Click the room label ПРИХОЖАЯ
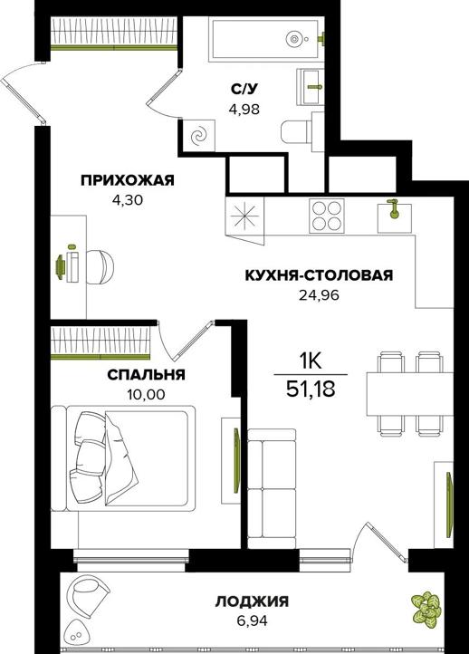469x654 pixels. [x=128, y=180]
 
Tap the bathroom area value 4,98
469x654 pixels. [x=244, y=110]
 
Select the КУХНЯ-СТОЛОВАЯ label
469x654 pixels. [x=319, y=275]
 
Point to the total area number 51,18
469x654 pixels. [x=311, y=390]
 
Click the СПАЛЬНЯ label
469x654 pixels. [x=146, y=374]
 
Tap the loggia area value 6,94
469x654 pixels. [x=252, y=620]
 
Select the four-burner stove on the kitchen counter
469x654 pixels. [x=327, y=216]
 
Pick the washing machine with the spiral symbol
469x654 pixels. [x=197, y=136]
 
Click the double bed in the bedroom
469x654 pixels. [x=123, y=457]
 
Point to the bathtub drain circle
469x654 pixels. [x=294, y=39]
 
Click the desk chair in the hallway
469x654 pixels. [x=100, y=267]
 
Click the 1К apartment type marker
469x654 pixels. [x=311, y=361]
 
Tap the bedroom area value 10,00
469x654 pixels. [x=146, y=395]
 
